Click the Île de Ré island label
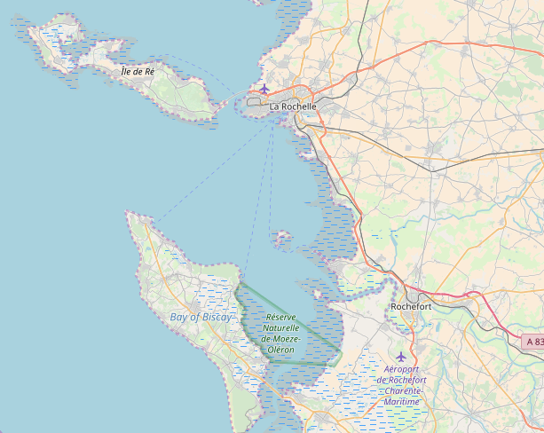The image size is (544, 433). point(138,70)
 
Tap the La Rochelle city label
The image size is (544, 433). point(293,106)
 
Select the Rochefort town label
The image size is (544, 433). point(411,307)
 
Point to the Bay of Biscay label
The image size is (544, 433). point(201,317)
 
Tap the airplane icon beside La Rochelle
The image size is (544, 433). point(264,89)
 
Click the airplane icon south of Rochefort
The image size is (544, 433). point(400,357)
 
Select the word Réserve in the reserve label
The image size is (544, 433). point(281,317)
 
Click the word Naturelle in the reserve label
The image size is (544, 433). point(280,327)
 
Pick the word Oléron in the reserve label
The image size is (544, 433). point(280,350)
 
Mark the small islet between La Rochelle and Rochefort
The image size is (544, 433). point(283,238)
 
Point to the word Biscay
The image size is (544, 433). point(217,317)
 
